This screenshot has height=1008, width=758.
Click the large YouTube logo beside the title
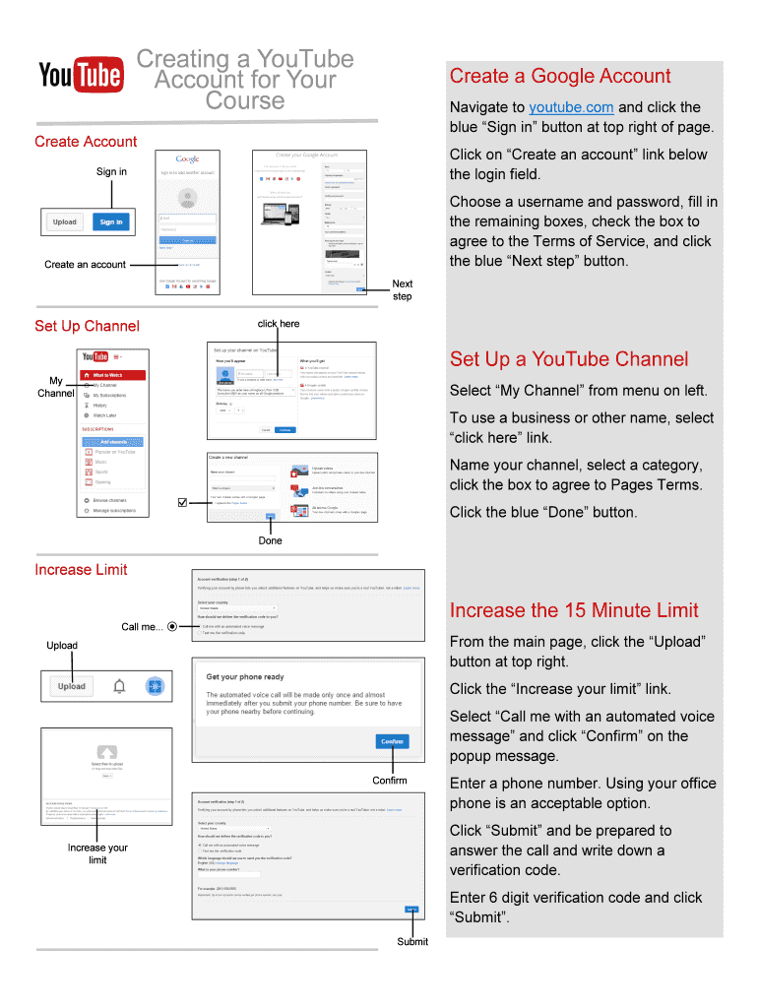81,75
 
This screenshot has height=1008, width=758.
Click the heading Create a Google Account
559,76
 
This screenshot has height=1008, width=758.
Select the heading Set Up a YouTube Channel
568,359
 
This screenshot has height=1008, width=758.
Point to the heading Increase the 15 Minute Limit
573,610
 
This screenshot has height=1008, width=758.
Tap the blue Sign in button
111,222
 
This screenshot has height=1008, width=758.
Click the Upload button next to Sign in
65,222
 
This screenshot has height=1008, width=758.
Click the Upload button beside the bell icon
71,686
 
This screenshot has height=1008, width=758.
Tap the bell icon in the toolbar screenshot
119,686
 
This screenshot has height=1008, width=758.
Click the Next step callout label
403,290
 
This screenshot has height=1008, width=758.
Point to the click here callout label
279,324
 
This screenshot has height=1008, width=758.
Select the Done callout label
270,540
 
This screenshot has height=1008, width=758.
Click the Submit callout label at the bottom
412,942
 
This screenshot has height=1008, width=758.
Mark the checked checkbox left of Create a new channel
181,503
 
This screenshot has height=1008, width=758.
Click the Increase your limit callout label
97,853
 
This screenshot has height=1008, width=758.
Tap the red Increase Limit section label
81,570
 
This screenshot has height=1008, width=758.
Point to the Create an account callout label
86,264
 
